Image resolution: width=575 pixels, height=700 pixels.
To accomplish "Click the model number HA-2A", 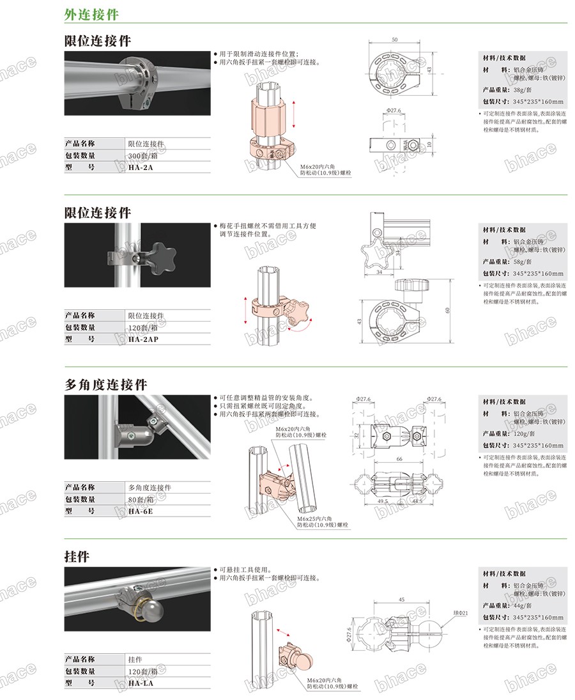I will coord(141,167).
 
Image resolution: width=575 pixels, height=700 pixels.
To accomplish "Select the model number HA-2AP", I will coord(143,339).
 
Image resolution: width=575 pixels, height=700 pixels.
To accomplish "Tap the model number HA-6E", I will coord(141,511).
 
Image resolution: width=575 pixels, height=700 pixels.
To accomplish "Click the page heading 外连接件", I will coord(91,14).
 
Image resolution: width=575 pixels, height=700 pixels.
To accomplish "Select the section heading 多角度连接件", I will coord(106,384).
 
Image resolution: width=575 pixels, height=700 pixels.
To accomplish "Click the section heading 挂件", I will coord(77,556).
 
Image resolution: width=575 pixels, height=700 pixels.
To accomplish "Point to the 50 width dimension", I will coord(394,40).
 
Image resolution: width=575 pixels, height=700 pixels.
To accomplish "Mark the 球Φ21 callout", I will coord(460,613).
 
